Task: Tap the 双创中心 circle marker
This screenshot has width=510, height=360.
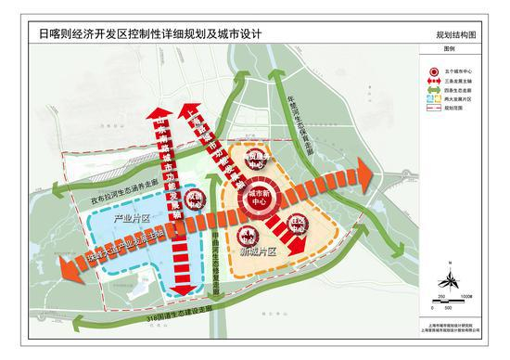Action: click(196, 203)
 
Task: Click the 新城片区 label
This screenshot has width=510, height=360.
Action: click(259, 251)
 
